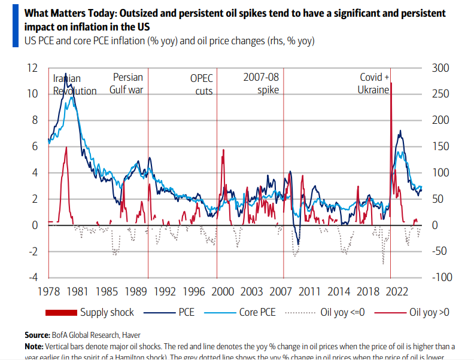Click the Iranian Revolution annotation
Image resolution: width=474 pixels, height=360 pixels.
(x=74, y=84)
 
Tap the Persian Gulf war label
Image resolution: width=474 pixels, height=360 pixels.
(x=126, y=84)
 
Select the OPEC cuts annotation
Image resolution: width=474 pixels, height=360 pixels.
(x=201, y=84)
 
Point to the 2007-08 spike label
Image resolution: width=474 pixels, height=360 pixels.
(x=261, y=84)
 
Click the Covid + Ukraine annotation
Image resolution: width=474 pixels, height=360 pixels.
(x=374, y=84)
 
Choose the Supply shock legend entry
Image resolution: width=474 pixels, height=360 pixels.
(x=90, y=312)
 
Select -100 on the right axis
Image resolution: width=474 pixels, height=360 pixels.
(x=440, y=277)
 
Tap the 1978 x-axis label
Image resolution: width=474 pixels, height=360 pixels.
(x=47, y=292)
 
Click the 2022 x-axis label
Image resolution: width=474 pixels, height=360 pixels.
(x=397, y=292)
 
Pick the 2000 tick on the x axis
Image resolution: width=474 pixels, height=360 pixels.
(x=223, y=292)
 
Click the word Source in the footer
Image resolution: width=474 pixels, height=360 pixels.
(x=37, y=335)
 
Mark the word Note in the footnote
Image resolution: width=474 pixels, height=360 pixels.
(x=34, y=346)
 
